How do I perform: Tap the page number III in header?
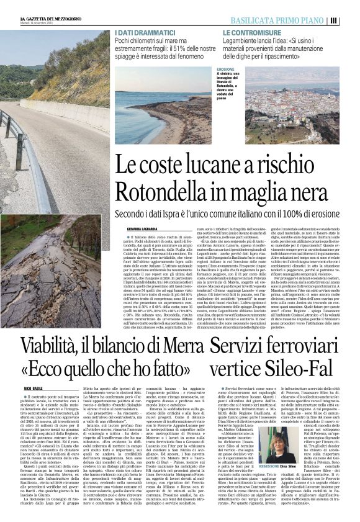click(351, 20)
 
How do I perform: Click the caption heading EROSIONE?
click(225, 70)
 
